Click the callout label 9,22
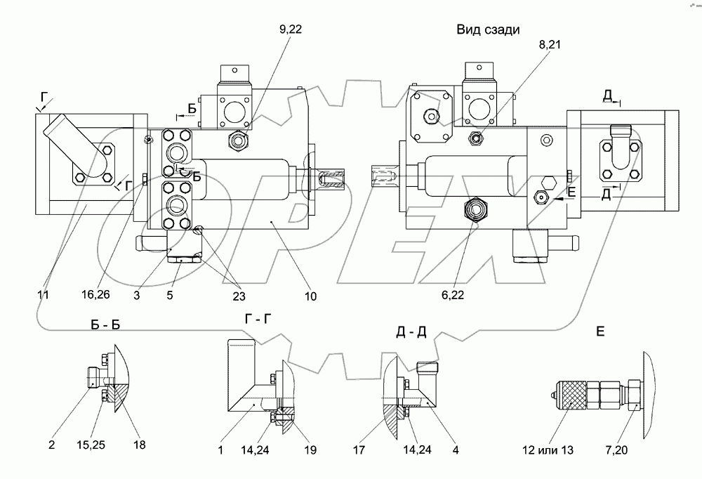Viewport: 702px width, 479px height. (x=291, y=29)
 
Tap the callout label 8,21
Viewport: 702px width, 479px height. (x=550, y=45)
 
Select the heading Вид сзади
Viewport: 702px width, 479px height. (x=488, y=29)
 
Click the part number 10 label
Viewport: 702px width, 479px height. (x=310, y=296)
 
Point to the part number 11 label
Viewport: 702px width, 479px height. (x=43, y=294)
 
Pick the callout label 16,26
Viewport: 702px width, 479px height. (x=95, y=294)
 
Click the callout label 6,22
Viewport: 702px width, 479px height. (x=452, y=294)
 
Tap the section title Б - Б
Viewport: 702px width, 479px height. (x=105, y=325)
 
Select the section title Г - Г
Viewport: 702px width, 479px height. (x=258, y=319)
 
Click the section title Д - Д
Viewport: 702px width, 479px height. (x=411, y=332)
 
